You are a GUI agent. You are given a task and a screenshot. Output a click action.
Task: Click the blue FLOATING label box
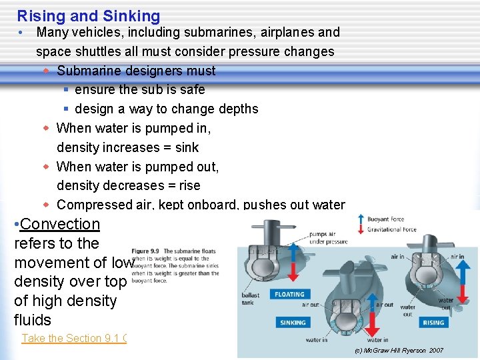pos(289,294)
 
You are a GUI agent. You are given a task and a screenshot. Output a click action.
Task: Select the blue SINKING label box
pos(293,323)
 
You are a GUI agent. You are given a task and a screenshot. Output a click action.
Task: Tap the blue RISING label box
pos(433,323)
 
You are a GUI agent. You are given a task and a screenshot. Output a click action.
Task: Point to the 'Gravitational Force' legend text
pos(392,229)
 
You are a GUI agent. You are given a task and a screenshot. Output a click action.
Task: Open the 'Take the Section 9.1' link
pos(73,338)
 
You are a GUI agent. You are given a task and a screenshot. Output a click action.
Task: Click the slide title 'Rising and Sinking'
pos(89,16)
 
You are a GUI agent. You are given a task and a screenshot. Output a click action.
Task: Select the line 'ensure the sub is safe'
pos(140,89)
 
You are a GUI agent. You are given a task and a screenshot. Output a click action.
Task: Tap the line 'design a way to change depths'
pos(167,109)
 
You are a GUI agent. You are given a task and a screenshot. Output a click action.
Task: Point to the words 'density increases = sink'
pos(128,147)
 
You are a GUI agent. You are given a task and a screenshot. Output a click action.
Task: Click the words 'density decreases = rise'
pos(129,185)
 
